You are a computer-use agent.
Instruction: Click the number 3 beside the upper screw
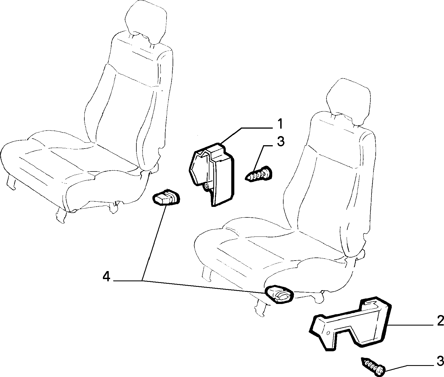281,141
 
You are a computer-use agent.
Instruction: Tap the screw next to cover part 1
259,173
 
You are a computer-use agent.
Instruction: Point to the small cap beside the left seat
166,196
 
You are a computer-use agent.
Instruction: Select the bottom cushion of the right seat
274,257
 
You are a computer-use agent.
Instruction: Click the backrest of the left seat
130,97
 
